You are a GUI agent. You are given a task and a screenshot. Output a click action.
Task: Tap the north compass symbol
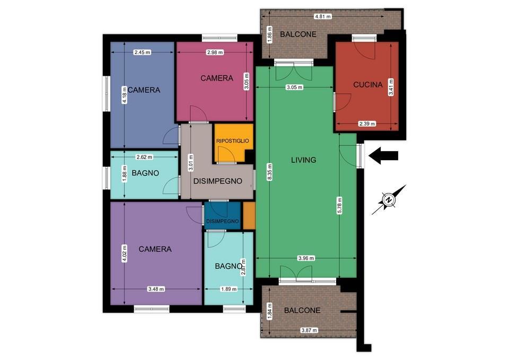(389, 200)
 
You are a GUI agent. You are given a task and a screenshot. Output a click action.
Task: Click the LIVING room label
(303, 160)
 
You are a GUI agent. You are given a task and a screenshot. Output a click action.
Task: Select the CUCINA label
(368, 85)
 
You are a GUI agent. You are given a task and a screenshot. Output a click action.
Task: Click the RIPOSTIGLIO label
(233, 141)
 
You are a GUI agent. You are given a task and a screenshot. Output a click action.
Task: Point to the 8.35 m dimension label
(270, 172)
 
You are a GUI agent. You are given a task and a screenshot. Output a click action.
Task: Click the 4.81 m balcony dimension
(323, 16)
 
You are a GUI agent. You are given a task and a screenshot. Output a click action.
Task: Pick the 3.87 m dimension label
(309, 330)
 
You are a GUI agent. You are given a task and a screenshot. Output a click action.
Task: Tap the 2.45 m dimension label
(143, 52)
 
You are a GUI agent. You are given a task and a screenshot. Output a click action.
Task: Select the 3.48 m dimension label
(156, 289)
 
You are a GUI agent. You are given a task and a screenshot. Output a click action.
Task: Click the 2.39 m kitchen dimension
(367, 124)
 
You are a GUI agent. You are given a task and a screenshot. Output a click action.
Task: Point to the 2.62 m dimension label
(144, 157)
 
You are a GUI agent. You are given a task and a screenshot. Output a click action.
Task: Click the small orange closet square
(249, 215)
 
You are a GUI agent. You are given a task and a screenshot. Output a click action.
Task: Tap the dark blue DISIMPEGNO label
(222, 222)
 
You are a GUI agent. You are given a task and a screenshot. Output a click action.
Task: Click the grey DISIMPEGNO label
(218, 181)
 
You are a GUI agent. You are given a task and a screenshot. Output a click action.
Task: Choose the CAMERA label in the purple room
(155, 249)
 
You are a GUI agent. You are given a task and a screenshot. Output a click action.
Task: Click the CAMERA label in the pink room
(217, 78)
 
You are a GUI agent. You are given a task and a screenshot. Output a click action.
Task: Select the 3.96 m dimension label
(306, 258)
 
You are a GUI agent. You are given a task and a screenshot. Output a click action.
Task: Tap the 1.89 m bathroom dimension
(229, 289)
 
